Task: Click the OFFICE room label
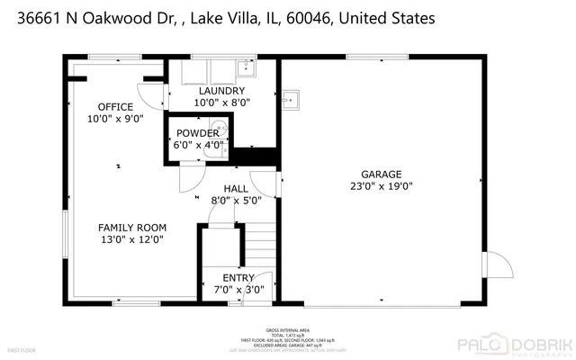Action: pos(115,107)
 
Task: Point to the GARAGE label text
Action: pos(382,175)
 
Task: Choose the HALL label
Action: pos(236,188)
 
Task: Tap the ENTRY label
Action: pos(238,278)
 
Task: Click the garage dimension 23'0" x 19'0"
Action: pos(382,186)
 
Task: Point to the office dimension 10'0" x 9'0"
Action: pos(115,119)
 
